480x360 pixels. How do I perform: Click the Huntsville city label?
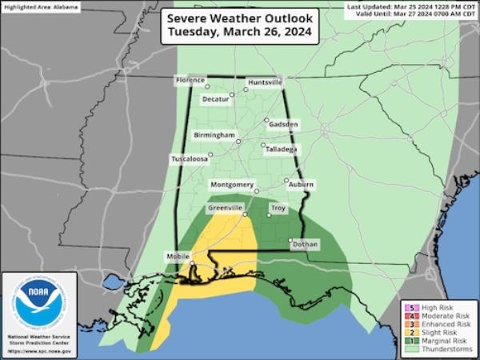click(265, 82)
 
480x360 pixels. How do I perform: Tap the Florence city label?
click(191, 81)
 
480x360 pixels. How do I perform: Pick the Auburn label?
click(301, 185)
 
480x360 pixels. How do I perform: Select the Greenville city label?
click(225, 208)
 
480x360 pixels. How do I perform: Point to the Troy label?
click(278, 209)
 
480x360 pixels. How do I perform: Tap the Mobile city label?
click(178, 257)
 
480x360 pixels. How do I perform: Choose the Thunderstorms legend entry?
click(445, 350)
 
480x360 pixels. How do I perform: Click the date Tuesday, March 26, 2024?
click(239, 34)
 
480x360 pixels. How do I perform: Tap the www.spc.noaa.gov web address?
click(39, 352)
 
